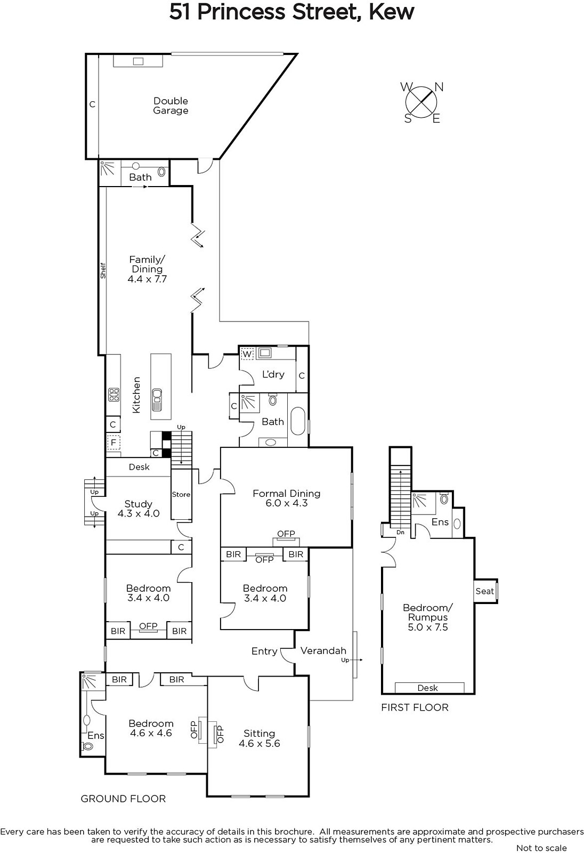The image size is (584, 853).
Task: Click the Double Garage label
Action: [171, 106]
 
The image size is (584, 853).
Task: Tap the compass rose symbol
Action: [421, 102]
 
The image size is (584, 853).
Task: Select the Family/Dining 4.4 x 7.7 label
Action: [147, 269]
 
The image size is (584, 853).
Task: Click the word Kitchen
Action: [136, 395]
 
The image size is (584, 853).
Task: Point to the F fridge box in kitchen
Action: [113, 442]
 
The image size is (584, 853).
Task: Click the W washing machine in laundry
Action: [247, 354]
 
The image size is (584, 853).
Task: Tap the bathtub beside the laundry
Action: [298, 421]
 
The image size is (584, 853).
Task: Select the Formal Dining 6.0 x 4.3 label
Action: [286, 498]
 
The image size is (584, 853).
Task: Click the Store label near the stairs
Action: [181, 494]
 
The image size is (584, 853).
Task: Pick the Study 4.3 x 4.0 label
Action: [138, 509]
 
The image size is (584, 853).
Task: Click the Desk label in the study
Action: [139, 467]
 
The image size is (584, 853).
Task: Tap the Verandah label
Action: [323, 650]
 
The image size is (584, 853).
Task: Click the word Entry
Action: [264, 651]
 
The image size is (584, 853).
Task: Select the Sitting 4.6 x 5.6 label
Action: [259, 738]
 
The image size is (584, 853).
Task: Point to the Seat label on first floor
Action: [484, 591]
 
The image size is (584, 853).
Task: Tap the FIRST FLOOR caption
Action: [415, 707]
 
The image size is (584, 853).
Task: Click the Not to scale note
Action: [541, 848]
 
